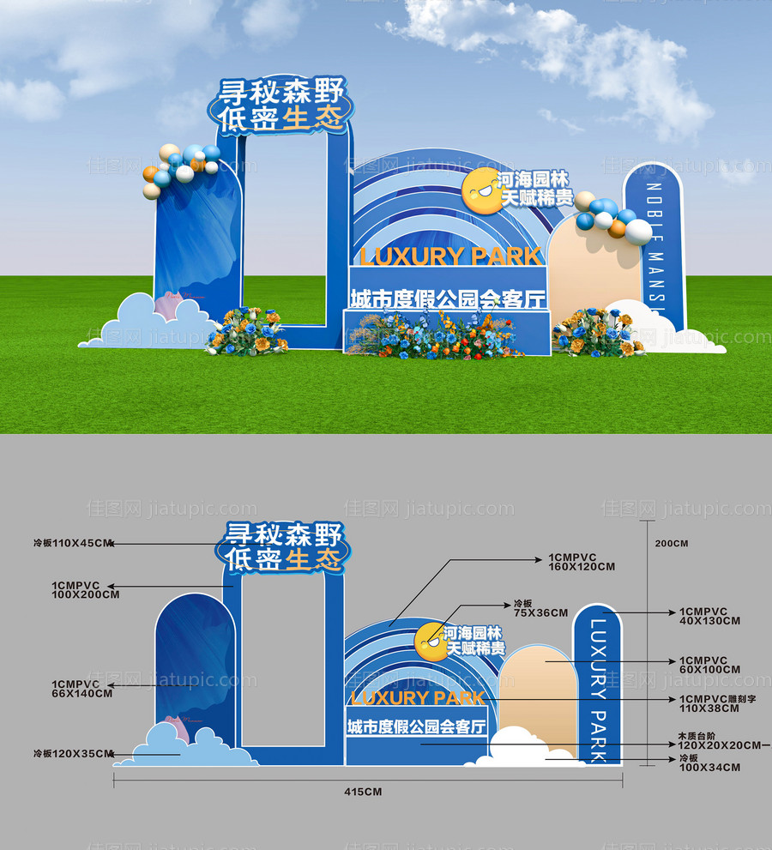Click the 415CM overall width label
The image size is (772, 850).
(362, 791)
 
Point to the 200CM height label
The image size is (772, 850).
(671, 544)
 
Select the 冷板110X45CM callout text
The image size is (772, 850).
(73, 543)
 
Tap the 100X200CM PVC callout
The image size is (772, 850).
(86, 589)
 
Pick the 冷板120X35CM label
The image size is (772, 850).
(73, 754)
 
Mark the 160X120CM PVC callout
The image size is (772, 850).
(582, 563)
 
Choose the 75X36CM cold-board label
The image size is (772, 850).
(540, 608)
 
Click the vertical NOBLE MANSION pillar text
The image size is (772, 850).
(654, 249)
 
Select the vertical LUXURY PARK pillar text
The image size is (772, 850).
(598, 686)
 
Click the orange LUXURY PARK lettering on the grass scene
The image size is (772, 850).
(451, 256)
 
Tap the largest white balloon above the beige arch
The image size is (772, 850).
(638, 232)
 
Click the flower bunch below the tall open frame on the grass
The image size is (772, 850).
(248, 331)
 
